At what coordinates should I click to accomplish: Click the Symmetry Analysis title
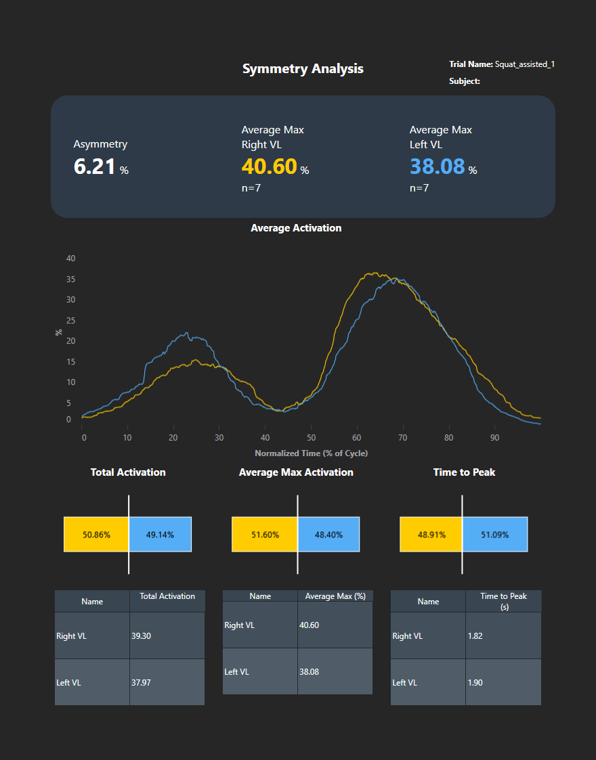pyautogui.click(x=303, y=69)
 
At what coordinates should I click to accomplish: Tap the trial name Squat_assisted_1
pyautogui.click(x=525, y=64)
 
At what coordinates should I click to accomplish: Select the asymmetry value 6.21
pyautogui.click(x=95, y=166)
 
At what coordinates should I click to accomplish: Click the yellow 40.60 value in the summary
pyautogui.click(x=269, y=166)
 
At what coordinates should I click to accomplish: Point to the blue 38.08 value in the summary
pyautogui.click(x=437, y=166)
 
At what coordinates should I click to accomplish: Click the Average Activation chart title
pyautogui.click(x=296, y=228)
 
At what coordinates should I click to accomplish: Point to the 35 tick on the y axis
pyautogui.click(x=70, y=279)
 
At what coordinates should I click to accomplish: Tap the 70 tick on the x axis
pyautogui.click(x=403, y=438)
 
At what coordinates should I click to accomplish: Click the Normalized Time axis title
pyautogui.click(x=311, y=453)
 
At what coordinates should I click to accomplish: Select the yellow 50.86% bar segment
pyautogui.click(x=96, y=535)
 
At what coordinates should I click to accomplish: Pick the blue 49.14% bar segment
pyautogui.click(x=160, y=535)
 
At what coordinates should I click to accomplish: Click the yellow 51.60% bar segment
pyautogui.click(x=265, y=535)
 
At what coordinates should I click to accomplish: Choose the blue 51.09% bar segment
pyautogui.click(x=495, y=535)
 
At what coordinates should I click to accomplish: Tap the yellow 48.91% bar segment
pyautogui.click(x=431, y=535)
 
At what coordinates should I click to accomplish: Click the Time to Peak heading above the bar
pyautogui.click(x=464, y=472)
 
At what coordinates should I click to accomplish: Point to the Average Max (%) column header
pyautogui.click(x=335, y=596)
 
